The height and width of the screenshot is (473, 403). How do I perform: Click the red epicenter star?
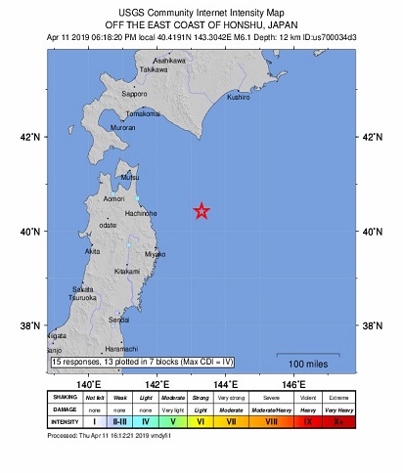coord(201,210)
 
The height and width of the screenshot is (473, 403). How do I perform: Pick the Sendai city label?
coord(118,320)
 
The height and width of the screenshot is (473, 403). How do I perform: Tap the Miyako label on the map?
coord(155,253)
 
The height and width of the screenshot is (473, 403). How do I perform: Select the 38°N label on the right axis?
coord(372,325)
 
